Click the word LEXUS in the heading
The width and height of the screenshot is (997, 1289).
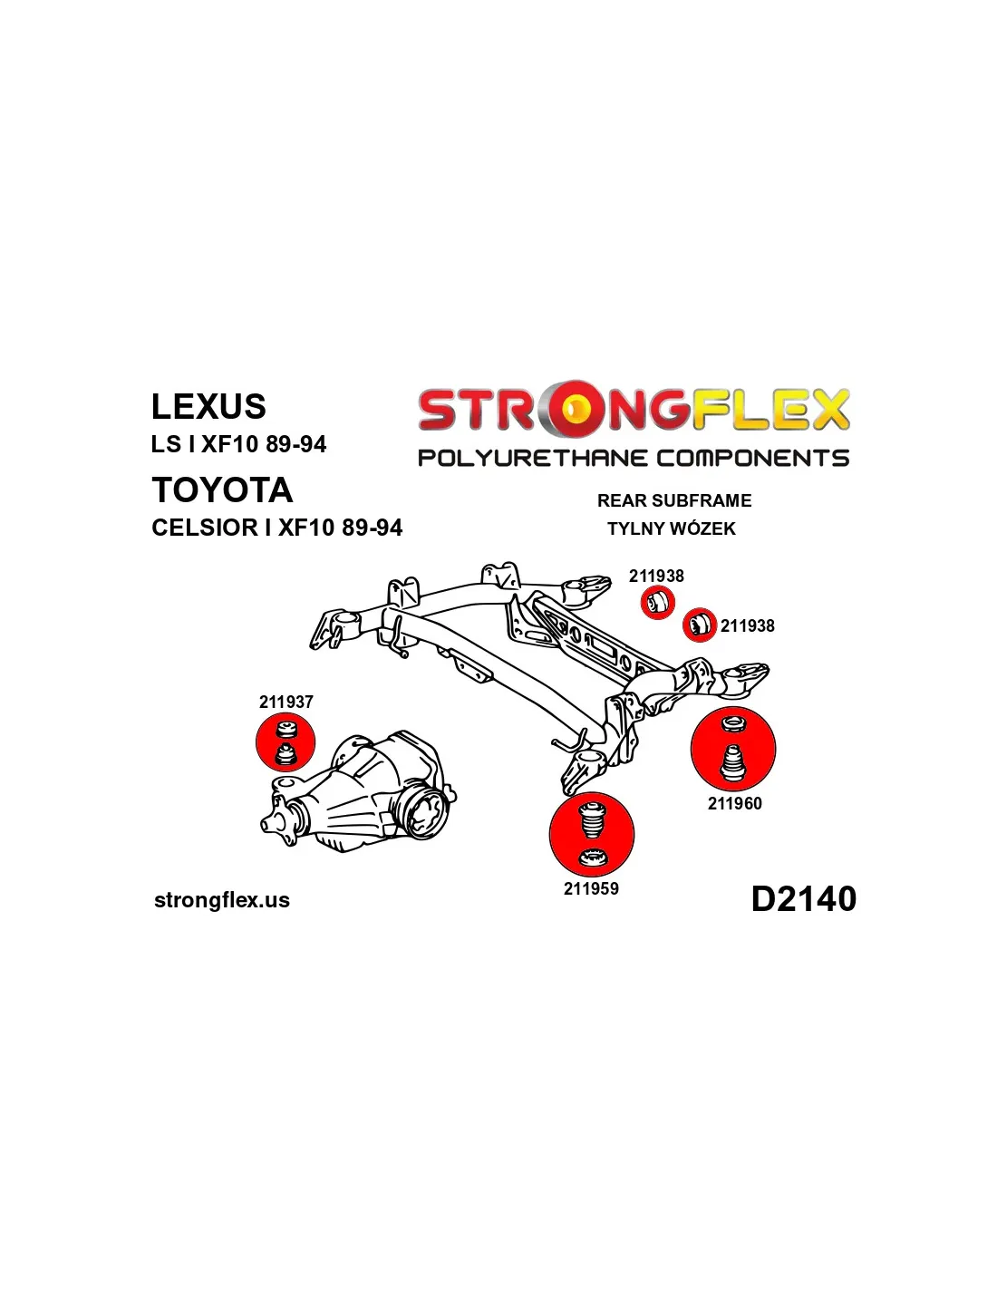click(x=208, y=406)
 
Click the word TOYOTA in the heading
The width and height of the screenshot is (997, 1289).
click(x=222, y=489)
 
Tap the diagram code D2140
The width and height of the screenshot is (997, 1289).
click(x=803, y=898)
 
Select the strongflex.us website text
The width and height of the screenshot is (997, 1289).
click(x=222, y=900)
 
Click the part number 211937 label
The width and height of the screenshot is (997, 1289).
click(x=286, y=702)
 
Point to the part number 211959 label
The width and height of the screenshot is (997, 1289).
click(x=591, y=888)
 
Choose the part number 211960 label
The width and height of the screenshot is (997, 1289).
click(x=734, y=803)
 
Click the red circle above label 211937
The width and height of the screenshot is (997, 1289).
click(x=286, y=742)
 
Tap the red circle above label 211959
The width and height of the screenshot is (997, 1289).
click(x=592, y=835)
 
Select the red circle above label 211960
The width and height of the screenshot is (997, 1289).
click(x=733, y=750)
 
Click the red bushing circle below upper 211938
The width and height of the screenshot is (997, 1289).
click(x=658, y=603)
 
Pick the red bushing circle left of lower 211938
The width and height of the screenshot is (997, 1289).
click(x=699, y=625)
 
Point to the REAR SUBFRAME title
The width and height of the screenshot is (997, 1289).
click(x=674, y=500)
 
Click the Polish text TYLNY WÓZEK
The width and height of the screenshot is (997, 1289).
click(x=672, y=528)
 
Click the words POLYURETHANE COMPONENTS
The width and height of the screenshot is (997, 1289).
click(x=634, y=458)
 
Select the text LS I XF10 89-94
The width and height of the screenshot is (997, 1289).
click(x=238, y=444)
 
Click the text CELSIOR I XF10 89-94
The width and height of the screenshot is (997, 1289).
click(x=276, y=528)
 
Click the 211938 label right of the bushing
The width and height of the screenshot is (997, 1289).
click(x=748, y=625)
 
